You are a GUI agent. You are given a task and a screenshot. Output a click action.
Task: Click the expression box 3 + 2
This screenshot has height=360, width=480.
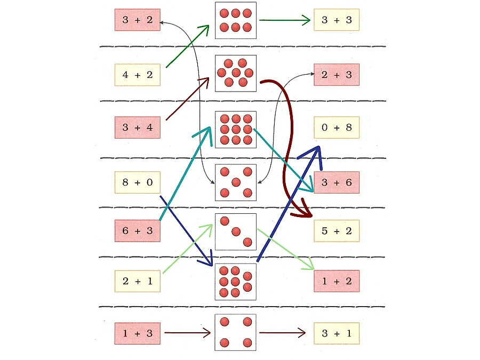(x=137, y=20)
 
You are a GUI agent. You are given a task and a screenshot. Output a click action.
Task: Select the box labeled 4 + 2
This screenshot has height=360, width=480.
(x=137, y=75)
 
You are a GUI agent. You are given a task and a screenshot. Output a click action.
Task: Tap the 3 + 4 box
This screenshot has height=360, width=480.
(x=137, y=127)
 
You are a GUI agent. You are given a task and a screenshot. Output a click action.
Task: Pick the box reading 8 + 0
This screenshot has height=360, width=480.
(x=137, y=182)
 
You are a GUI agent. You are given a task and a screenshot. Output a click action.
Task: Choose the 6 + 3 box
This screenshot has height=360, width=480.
(x=137, y=230)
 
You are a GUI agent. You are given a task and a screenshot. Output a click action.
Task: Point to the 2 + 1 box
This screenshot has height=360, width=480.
(x=137, y=281)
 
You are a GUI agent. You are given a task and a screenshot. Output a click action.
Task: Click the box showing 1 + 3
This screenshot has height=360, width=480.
(x=137, y=333)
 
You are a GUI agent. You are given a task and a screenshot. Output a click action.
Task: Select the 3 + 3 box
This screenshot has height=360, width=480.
(x=337, y=20)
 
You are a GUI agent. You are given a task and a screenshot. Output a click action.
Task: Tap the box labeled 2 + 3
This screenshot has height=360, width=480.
(x=337, y=75)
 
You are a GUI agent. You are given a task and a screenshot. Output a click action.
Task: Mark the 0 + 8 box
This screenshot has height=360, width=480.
(x=337, y=127)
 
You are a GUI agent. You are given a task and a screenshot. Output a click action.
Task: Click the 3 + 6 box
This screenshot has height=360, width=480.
(x=337, y=182)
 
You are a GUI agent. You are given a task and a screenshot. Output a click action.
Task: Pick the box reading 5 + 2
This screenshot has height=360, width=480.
(x=337, y=230)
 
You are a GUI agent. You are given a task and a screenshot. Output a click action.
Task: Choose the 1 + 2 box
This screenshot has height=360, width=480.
(x=337, y=281)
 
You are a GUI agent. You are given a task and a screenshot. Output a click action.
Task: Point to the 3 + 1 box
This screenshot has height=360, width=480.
(x=337, y=333)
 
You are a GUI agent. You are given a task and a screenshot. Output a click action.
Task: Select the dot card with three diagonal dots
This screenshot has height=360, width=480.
(x=236, y=231)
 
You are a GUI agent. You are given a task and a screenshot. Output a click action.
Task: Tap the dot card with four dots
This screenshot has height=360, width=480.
(x=236, y=332)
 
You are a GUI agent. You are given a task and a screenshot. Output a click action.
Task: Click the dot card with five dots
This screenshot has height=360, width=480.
(x=236, y=182)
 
